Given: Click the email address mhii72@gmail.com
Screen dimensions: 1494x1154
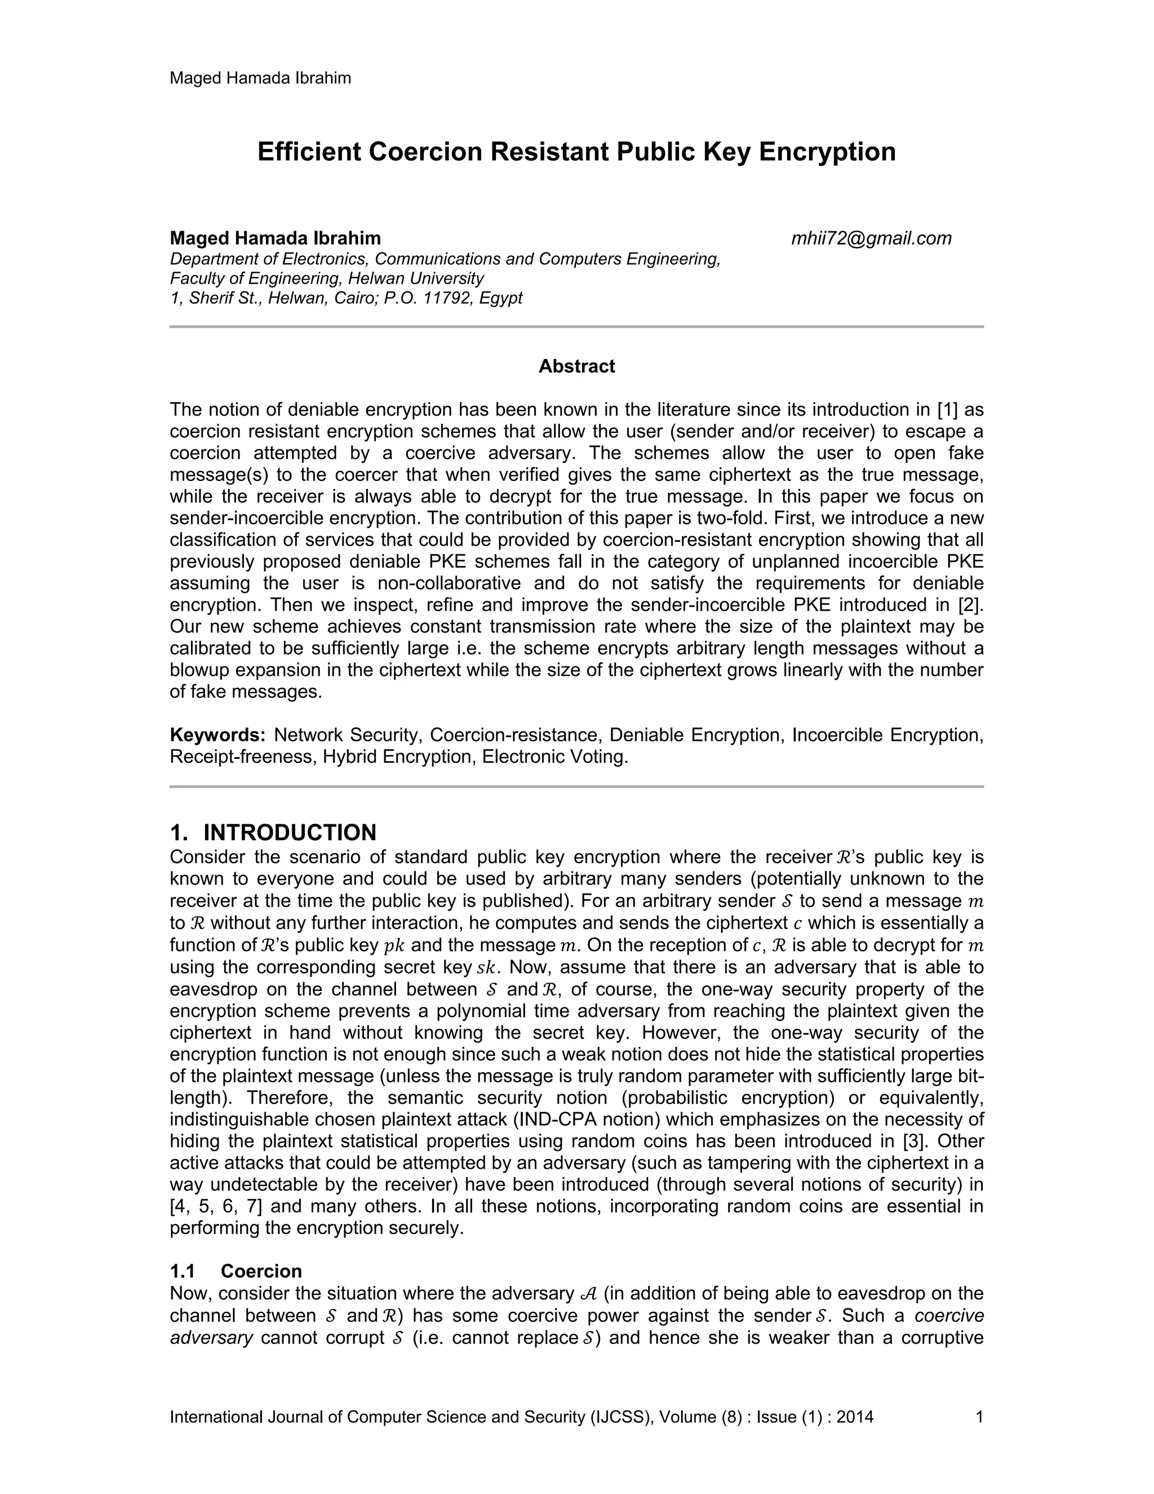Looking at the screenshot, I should (871, 238).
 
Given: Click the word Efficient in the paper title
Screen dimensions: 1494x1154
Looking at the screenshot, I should (309, 152).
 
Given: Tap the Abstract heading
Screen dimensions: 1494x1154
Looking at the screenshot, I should (576, 366).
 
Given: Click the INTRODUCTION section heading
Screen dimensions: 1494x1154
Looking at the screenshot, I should (289, 833).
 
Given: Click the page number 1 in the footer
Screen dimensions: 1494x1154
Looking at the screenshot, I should (979, 1417).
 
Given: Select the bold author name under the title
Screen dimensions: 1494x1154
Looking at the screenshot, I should (275, 238).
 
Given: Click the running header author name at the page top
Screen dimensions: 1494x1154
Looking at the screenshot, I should (260, 78).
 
